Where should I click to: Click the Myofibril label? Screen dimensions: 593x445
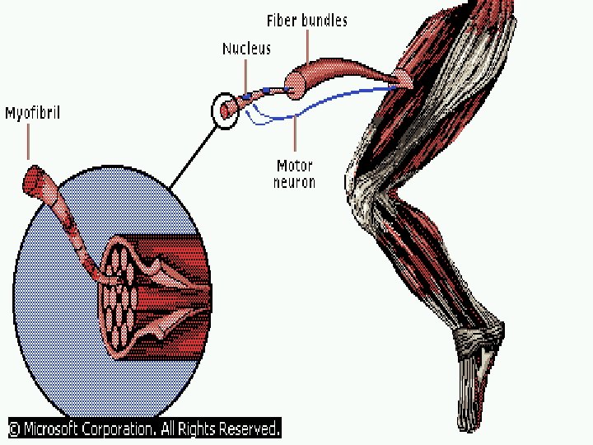(32, 114)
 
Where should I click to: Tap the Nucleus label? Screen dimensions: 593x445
(246, 49)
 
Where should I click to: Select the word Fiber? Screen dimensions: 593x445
(282, 21)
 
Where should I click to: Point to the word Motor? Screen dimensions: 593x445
(295, 166)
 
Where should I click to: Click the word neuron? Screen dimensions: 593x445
(294, 182)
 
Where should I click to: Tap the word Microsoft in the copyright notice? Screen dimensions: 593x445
(51, 429)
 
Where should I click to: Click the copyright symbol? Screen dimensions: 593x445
(14, 429)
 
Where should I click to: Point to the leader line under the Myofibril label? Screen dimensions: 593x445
(28, 143)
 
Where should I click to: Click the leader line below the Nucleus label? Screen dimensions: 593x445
(245, 77)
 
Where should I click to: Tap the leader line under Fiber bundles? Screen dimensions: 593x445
(307, 46)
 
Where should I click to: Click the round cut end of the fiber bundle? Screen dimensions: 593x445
(295, 86)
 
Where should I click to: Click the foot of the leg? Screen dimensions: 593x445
(477, 378)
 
